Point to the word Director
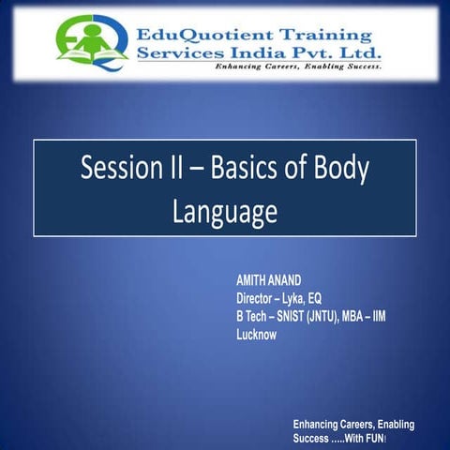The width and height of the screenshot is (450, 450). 259,299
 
